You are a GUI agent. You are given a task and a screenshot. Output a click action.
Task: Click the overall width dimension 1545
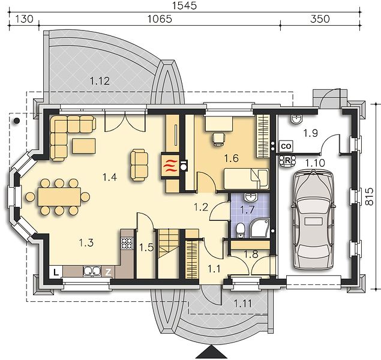tap(184, 5)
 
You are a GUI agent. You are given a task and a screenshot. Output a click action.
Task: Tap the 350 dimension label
tap(320, 19)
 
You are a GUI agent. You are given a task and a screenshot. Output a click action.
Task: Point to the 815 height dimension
tap(370, 197)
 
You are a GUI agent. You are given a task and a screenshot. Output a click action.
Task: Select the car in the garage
tap(313, 220)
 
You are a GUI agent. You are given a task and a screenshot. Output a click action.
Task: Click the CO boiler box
tap(286, 146)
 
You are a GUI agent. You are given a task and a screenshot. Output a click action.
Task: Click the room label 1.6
tap(232, 158)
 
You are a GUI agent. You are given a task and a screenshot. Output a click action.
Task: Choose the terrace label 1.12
tap(100, 80)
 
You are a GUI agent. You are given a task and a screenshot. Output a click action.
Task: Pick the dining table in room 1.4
tap(59, 197)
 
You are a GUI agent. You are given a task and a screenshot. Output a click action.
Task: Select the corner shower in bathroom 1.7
tap(260, 228)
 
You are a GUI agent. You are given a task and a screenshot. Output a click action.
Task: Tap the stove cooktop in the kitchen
tap(127, 244)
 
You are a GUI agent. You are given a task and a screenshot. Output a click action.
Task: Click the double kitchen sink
tap(92, 271)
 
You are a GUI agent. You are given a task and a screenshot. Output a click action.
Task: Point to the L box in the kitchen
tap(56, 272)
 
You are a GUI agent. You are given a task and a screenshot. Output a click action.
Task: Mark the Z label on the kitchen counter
tap(108, 272)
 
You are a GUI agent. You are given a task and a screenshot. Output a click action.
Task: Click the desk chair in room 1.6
tap(218, 139)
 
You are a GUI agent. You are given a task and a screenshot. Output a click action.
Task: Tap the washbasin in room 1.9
tap(296, 119)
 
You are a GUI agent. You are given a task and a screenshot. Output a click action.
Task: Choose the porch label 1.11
tap(243, 303)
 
